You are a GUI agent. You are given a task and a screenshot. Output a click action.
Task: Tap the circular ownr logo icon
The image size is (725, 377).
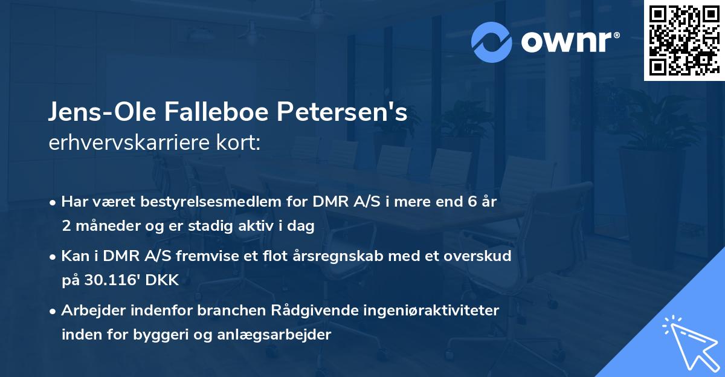(491, 42)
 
